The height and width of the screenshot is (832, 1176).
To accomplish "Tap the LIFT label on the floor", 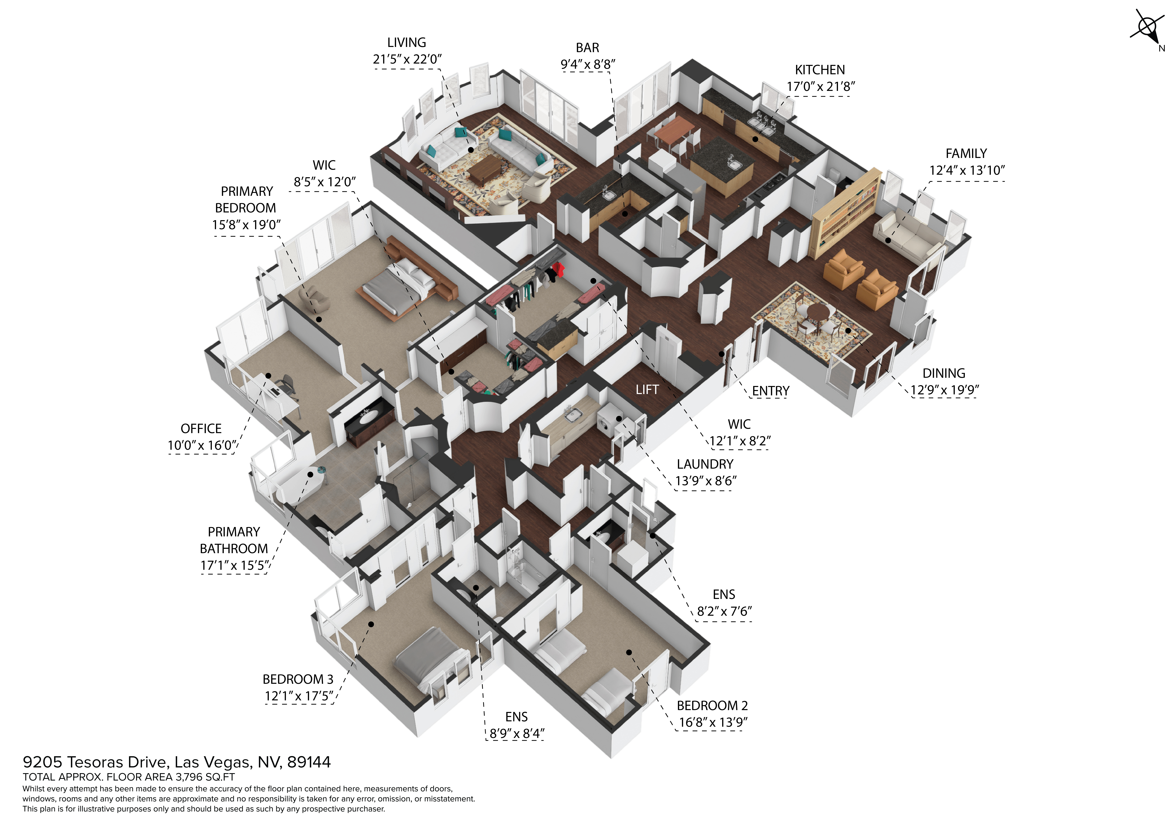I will click(647, 390).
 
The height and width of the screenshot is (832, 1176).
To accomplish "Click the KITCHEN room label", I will click(820, 70).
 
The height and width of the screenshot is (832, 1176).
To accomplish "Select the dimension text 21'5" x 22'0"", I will click(407, 59).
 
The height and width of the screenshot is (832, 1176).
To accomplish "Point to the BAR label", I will click(587, 48).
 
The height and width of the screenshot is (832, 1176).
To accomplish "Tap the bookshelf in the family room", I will click(845, 213).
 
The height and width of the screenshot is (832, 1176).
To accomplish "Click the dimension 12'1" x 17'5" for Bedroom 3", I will click(299, 696).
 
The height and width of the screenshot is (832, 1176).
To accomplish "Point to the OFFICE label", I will click(201, 429).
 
